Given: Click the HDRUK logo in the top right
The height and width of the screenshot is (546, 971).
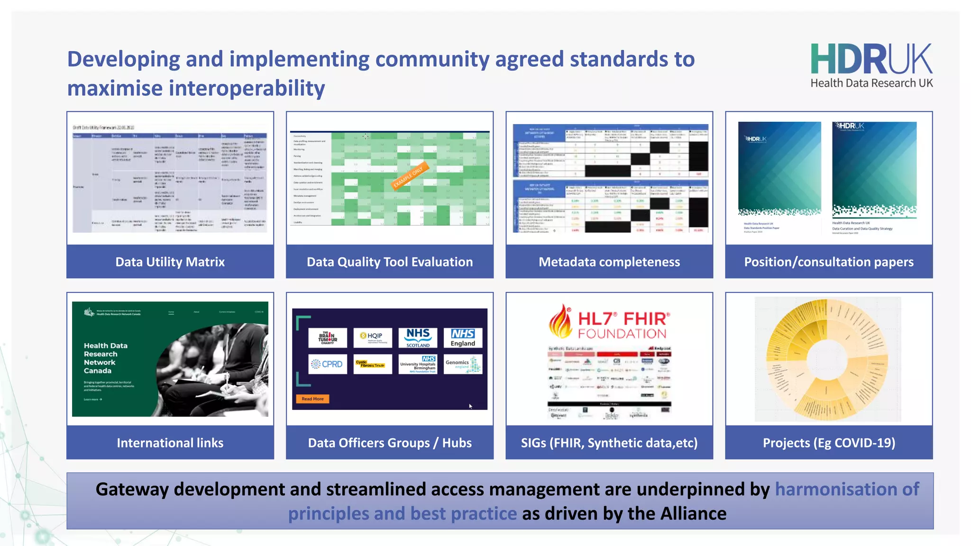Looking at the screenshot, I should [871, 65].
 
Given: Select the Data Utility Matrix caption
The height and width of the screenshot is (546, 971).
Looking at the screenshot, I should [170, 262].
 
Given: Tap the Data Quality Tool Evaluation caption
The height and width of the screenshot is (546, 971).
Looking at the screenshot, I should [389, 262].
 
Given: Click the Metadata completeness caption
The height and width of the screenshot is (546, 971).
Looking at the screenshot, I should [609, 262].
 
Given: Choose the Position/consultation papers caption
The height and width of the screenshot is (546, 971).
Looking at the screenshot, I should [828, 262].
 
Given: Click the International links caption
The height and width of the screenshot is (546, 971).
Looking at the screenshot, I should [170, 443].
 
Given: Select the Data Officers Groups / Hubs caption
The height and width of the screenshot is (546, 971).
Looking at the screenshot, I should [389, 443].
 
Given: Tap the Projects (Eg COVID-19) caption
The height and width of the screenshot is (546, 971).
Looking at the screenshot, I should [828, 443].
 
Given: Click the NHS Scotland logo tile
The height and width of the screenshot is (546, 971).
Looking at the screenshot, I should [418, 337].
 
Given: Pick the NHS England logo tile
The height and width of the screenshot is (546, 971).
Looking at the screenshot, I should [463, 337].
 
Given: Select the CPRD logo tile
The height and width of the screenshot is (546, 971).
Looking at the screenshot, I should [327, 364].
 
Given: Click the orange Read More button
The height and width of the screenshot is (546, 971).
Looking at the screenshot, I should [312, 399].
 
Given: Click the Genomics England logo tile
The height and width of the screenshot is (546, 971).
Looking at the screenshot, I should [463, 364].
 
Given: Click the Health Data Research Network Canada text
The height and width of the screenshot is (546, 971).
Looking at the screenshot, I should [105, 358].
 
